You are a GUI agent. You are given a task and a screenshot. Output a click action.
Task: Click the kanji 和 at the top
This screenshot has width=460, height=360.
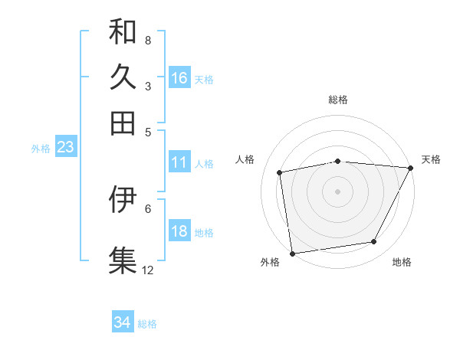pyautogui.click(x=123, y=31)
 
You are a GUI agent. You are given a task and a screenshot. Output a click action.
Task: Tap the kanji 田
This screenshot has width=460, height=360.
pyautogui.click(x=123, y=123)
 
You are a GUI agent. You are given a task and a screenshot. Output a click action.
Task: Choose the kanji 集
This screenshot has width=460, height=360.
pyautogui.click(x=123, y=259)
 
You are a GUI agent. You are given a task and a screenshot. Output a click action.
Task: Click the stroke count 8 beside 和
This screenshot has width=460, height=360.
pyautogui.click(x=148, y=40)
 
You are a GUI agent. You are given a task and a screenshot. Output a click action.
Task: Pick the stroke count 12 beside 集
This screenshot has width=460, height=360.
pyautogui.click(x=148, y=270)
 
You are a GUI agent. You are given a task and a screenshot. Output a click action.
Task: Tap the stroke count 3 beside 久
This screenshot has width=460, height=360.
pyautogui.click(x=148, y=86)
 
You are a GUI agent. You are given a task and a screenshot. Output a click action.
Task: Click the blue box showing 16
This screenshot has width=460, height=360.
pyautogui.click(x=179, y=77)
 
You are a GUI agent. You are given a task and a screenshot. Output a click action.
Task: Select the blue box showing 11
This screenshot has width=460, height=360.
pyautogui.click(x=179, y=162)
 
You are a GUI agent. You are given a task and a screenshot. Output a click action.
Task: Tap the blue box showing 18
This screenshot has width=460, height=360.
pyautogui.click(x=179, y=231)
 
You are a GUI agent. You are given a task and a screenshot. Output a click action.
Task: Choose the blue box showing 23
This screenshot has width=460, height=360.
pyautogui.click(x=65, y=148)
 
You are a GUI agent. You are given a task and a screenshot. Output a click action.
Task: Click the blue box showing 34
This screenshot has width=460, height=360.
pyautogui.click(x=123, y=323)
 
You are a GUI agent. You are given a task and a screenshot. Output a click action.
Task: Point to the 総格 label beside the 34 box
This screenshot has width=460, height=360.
pyautogui.click(x=147, y=324)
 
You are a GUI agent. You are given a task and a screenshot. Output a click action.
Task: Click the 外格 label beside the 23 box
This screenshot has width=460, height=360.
pyautogui.click(x=41, y=149)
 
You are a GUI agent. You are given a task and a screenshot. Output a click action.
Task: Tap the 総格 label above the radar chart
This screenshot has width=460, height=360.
pyautogui.click(x=338, y=100)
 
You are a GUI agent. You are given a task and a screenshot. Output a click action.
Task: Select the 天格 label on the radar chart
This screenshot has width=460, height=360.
pyautogui.click(x=431, y=159)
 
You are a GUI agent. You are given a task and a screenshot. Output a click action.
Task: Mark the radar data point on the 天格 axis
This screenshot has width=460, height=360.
pyautogui.click(x=410, y=169)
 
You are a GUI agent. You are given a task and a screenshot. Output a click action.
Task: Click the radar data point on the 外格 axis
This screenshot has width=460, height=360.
pyautogui.click(x=292, y=253)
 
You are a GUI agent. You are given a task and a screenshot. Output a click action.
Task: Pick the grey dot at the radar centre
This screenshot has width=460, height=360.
pyautogui.click(x=338, y=191)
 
